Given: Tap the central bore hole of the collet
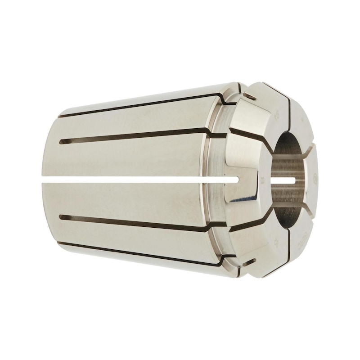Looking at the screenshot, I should (288, 180).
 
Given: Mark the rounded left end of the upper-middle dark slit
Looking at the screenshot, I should (62, 141).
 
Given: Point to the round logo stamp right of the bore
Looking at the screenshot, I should (315, 177).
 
